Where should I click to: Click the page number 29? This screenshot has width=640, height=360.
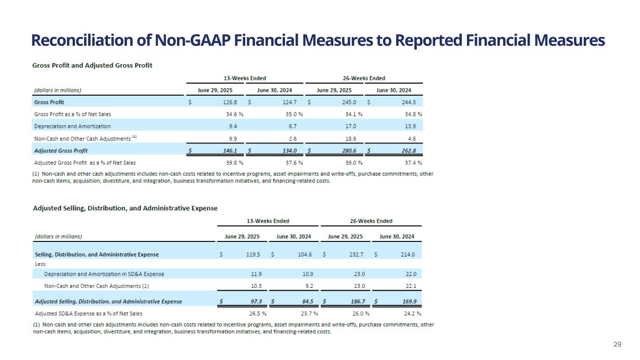[617, 345]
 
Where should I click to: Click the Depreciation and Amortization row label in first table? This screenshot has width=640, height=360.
[73, 126]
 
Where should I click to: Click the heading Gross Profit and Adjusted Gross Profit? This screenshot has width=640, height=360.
[92, 66]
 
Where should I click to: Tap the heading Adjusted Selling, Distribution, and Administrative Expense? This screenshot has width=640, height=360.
[125, 208]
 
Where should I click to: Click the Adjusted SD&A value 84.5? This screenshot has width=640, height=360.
[306, 301]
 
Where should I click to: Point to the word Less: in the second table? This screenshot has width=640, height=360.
[41, 264]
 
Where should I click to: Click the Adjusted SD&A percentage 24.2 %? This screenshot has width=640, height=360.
[412, 314]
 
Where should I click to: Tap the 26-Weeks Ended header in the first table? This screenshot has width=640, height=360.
[364, 78]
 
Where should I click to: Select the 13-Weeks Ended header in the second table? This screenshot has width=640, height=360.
[268, 221]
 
